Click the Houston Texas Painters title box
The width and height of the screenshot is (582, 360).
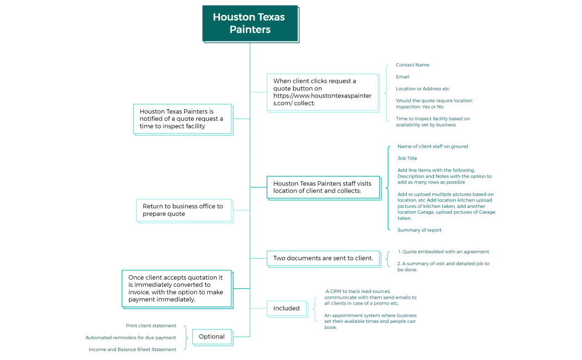[249, 23]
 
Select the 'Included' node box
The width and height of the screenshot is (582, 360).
[286, 308]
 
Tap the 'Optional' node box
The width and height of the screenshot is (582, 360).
[212, 336]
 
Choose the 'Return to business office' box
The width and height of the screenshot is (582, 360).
[183, 210]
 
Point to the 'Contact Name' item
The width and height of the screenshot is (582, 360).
[412, 65]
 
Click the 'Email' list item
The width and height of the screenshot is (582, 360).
[402, 76]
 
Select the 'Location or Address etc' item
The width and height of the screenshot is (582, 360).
[422, 89]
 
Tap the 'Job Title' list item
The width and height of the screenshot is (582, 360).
[407, 158]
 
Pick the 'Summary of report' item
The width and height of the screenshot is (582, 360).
[420, 230]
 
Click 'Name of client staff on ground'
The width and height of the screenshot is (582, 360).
[432, 146]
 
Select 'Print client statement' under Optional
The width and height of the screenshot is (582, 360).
[151, 326]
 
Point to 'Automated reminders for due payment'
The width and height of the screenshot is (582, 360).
[130, 337]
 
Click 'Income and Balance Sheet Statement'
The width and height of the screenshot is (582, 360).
[132, 349]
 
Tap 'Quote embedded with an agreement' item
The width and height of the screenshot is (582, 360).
[443, 251]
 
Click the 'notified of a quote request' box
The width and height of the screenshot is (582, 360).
[182, 119]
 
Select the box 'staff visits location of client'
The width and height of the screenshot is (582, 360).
[323, 187]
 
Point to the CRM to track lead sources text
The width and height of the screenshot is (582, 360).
[370, 297]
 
